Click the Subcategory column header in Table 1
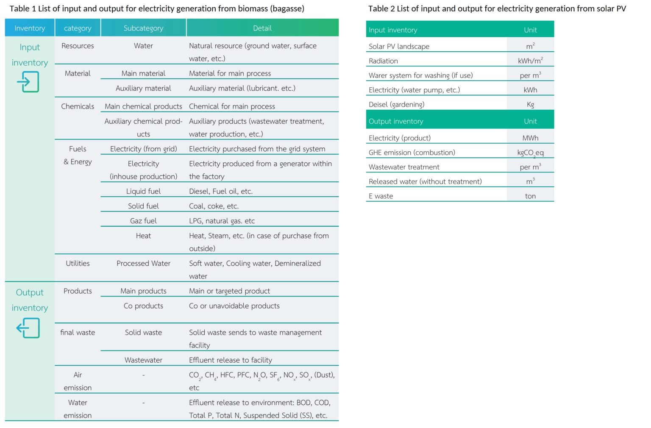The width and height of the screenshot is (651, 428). (x=143, y=28)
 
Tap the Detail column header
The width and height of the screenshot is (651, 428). (x=262, y=28)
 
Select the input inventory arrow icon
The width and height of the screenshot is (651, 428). (x=28, y=82)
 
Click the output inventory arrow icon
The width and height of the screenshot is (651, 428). (x=28, y=328)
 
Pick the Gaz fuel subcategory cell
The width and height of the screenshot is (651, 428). (x=143, y=221)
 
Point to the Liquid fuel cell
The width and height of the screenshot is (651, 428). (x=143, y=191)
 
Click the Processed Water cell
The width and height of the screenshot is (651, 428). (x=143, y=263)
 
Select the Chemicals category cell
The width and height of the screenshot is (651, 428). (x=78, y=106)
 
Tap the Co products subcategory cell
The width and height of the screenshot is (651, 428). (x=143, y=306)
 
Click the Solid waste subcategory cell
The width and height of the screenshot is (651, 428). (x=143, y=333)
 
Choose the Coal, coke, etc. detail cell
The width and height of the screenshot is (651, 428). (x=214, y=206)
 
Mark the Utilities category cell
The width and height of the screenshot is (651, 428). (x=78, y=263)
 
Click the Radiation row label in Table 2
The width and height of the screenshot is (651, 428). (x=383, y=61)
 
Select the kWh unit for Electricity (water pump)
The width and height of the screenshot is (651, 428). (x=530, y=90)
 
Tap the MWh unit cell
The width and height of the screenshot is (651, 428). (x=530, y=138)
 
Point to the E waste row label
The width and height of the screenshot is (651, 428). (x=381, y=196)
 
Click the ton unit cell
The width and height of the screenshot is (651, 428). (x=530, y=196)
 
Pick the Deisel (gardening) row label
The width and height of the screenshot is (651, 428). (x=396, y=105)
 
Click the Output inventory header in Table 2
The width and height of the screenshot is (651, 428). (x=396, y=121)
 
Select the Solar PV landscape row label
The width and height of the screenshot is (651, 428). (x=399, y=47)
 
